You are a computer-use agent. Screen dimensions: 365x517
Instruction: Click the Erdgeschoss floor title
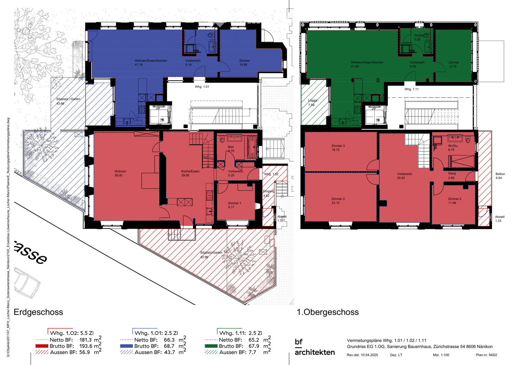38,312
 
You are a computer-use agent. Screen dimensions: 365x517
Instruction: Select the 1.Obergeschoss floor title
327,312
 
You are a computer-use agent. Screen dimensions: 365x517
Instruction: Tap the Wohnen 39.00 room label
120,173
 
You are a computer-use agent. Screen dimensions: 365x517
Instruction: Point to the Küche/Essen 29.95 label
190,173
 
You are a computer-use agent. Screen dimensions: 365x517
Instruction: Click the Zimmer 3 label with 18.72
338,148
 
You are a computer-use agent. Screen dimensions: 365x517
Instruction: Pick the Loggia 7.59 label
312,103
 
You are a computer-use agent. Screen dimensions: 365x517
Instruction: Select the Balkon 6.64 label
500,176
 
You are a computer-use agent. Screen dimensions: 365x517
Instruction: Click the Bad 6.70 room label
231,149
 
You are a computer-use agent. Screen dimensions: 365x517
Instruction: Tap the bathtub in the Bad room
252,147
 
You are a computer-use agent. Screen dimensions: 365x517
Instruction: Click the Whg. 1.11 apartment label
411,89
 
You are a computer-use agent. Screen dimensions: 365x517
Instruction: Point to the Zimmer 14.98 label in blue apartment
244,63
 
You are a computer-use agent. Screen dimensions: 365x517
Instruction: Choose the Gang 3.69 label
451,176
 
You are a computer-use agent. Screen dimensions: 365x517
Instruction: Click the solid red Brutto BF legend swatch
42,346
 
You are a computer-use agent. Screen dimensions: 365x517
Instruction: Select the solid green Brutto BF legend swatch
211,346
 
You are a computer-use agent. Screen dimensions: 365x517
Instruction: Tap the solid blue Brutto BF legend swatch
126,346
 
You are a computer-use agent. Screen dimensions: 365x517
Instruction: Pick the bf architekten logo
314,347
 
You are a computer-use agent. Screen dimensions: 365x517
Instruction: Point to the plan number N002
486,355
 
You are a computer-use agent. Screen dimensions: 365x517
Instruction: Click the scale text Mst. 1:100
441,355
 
